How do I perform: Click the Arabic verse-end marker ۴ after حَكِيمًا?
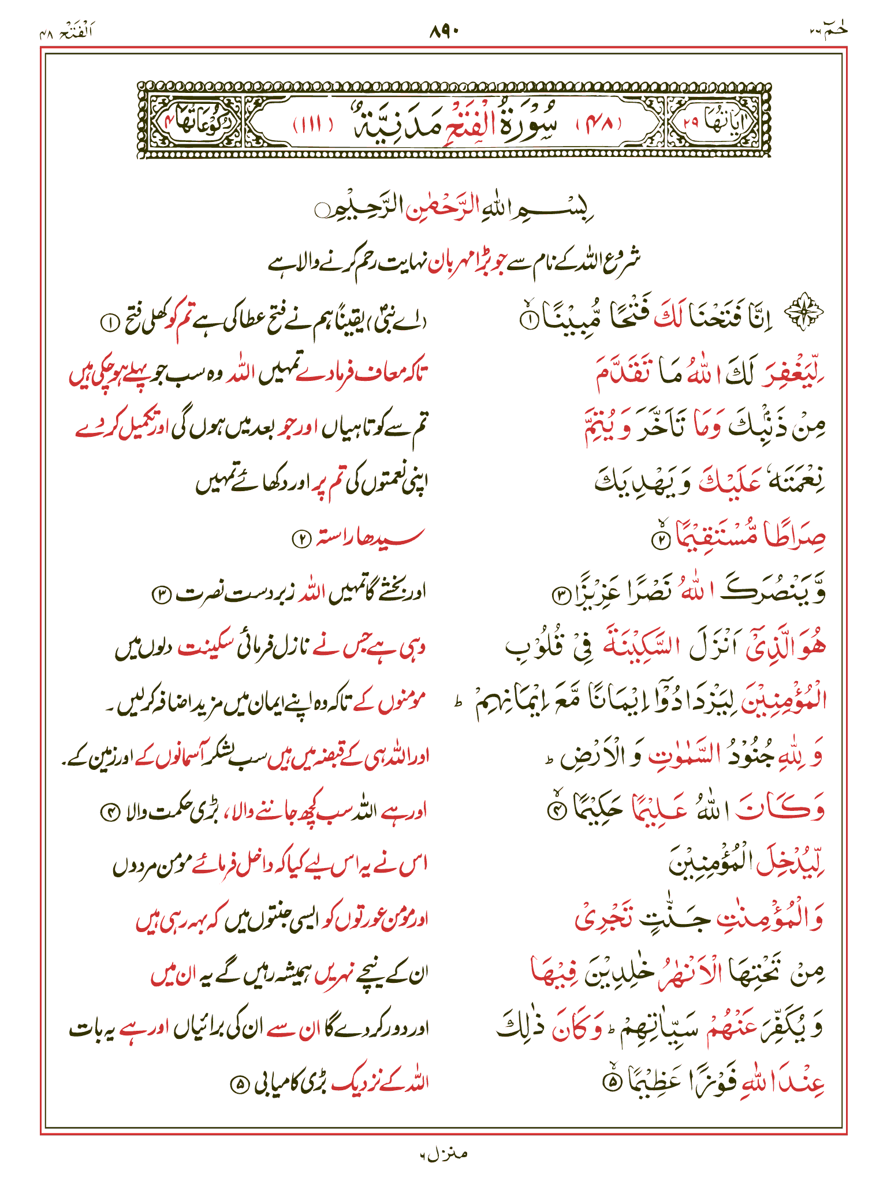tap(556, 811)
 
